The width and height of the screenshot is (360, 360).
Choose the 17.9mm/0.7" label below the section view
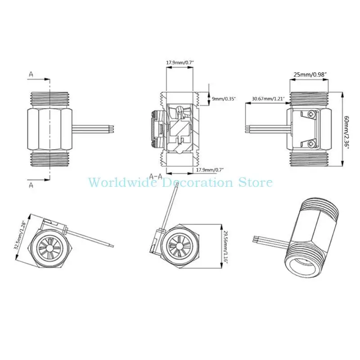[x=210, y=170]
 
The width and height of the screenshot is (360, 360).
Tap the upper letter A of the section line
[x=31, y=74]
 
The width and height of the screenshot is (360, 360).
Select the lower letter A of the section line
[x=31, y=185]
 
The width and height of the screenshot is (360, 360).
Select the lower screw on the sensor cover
[x=312, y=144]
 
